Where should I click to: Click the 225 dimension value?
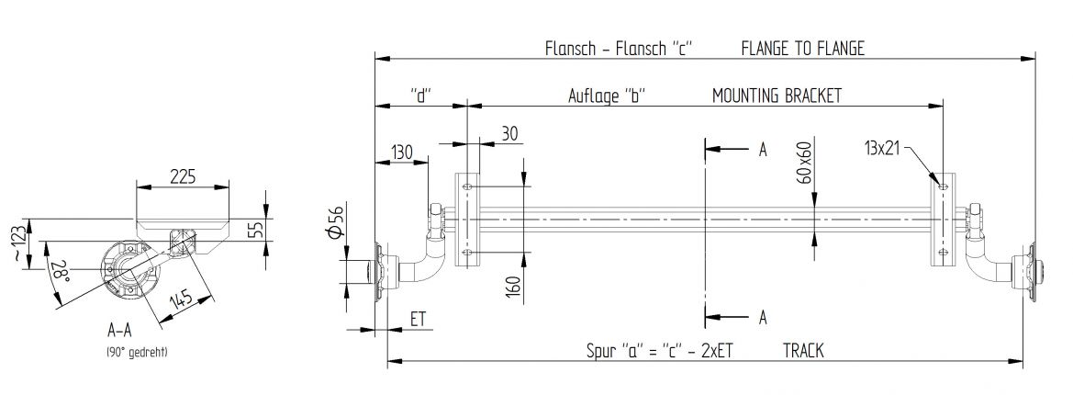pos(184,176)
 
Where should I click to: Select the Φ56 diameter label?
pos(336,222)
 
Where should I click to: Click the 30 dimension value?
pos(509,133)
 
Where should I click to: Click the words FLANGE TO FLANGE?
pos(802,49)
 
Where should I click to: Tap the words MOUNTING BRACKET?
pos(777,96)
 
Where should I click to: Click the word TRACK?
pos(803,350)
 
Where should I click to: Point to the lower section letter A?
pos(762,317)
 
